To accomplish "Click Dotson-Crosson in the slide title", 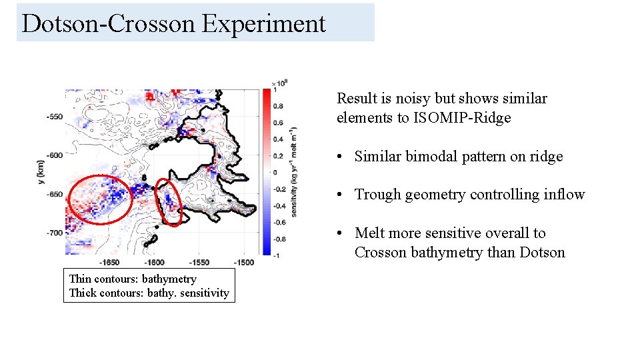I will (109, 23).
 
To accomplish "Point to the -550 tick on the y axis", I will (54, 117).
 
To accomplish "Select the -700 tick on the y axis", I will (54, 233).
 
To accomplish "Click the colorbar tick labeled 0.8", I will (278, 105).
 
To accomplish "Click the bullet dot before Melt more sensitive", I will (340, 233).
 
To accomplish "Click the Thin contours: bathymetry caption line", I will (133, 279).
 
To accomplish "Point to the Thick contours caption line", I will (149, 293).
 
